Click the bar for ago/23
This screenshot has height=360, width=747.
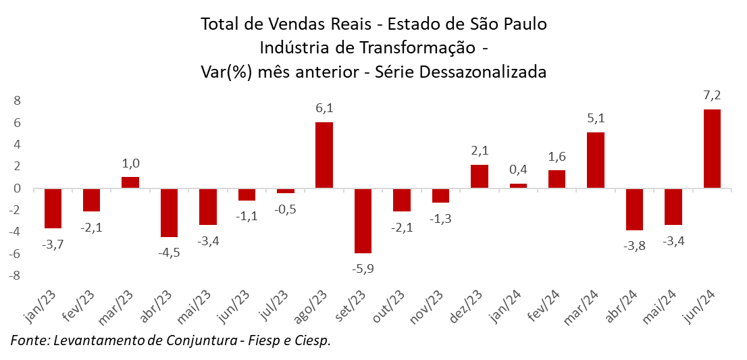click(x=324, y=155)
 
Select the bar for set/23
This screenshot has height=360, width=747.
click(x=363, y=221)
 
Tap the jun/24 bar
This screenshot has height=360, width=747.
click(x=712, y=149)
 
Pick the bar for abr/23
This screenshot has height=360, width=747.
click(x=169, y=213)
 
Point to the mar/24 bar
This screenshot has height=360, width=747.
click(x=596, y=160)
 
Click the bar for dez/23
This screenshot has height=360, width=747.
click(x=479, y=176)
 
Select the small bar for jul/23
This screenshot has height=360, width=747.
click(x=286, y=191)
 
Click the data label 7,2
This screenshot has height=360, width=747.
click(x=712, y=96)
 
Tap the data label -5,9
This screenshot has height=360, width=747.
click(x=363, y=268)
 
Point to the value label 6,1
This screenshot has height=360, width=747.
click(x=324, y=108)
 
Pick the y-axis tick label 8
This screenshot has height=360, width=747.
click(x=18, y=101)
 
